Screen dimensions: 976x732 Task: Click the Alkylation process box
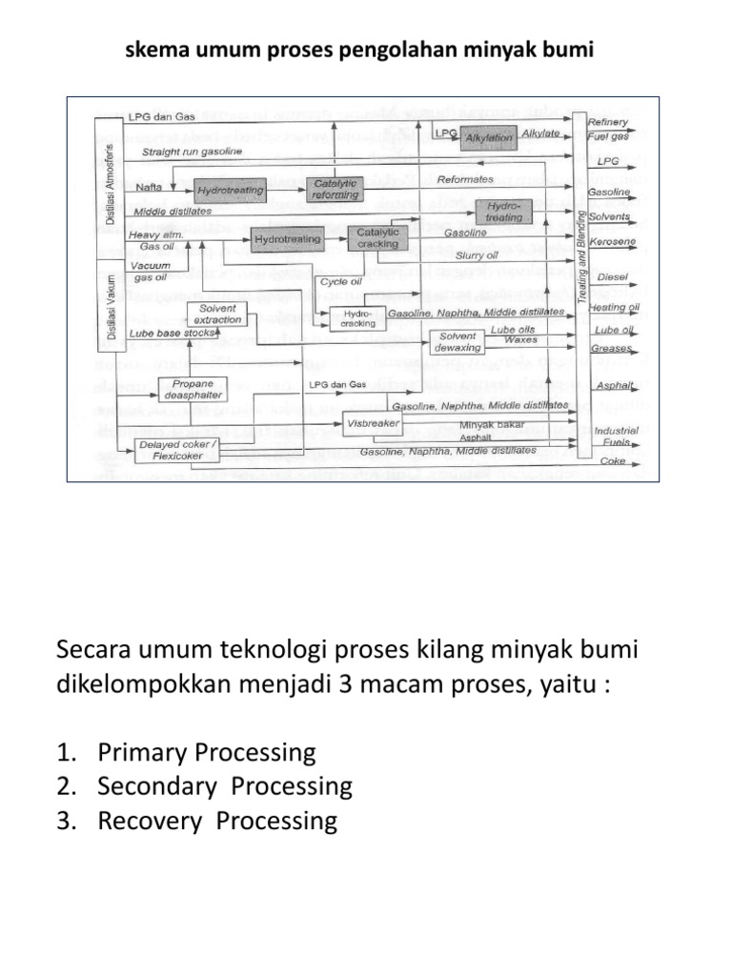tap(490, 137)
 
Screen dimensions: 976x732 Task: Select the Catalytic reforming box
tap(335, 189)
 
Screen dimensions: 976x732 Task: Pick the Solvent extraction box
tap(220, 314)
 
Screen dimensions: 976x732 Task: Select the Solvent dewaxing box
tap(458, 342)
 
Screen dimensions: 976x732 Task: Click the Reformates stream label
tap(465, 178)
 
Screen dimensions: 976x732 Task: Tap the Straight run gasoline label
tap(192, 152)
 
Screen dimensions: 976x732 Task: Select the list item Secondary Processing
tap(224, 787)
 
